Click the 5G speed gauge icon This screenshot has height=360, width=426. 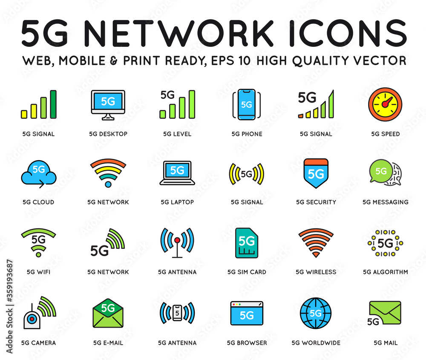(x=385, y=104)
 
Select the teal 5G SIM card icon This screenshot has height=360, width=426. (x=246, y=243)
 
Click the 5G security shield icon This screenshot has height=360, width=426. (x=316, y=173)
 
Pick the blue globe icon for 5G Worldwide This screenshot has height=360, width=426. (x=316, y=313)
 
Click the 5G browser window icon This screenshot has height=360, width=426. (x=247, y=313)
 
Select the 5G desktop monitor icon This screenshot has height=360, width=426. (x=108, y=105)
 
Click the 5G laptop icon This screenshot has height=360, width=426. (x=177, y=173)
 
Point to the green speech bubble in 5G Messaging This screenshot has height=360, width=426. (x=381, y=171)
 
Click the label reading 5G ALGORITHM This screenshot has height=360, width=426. (x=385, y=272)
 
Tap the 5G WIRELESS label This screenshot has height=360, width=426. (x=316, y=272)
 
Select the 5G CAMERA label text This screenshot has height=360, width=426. (x=39, y=343)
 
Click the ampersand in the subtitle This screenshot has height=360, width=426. (x=114, y=60)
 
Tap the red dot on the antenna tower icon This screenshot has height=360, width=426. (x=177, y=240)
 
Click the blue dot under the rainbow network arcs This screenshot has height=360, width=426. (x=108, y=184)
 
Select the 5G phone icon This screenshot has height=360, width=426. (x=246, y=105)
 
